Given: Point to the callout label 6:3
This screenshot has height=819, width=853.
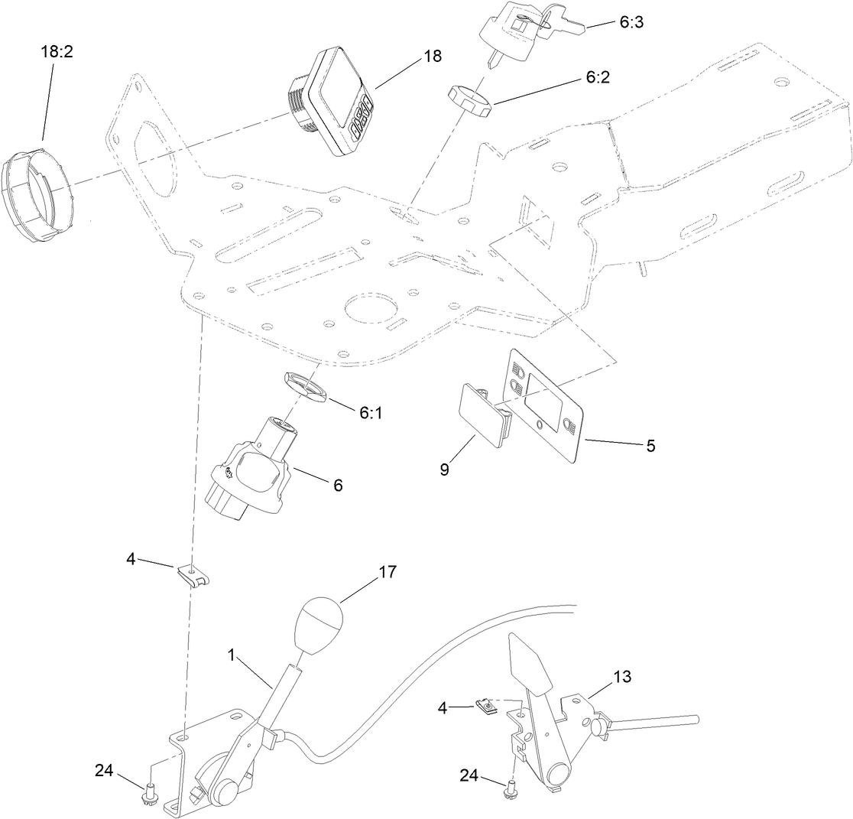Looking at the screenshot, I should pos(631,22).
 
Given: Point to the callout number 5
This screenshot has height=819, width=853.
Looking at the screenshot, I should pos(650,446).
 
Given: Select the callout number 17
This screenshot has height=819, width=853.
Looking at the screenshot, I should pos(388,572).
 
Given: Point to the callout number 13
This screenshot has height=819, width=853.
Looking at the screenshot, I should pos(623,676).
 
